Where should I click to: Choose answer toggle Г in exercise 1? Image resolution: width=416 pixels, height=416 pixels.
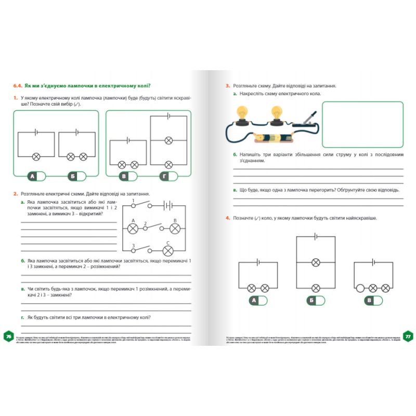click(170, 176)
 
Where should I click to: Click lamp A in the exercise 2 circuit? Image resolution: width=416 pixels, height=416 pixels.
click(133, 228)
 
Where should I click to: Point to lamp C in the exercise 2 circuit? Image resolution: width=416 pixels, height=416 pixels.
click(167, 251)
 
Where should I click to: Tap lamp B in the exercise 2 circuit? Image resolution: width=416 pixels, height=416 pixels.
click(175, 228)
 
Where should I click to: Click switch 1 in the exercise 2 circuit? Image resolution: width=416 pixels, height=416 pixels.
click(141, 204)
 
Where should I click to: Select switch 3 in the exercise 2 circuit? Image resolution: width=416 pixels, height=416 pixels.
click(141, 250)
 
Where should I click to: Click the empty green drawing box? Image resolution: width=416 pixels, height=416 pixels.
click(362, 124)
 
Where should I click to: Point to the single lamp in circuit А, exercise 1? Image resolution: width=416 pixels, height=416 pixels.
click(36, 157)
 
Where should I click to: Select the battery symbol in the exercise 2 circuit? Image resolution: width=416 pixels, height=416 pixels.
click(167, 205)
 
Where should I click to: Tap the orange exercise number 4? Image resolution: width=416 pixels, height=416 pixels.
click(228, 218)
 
